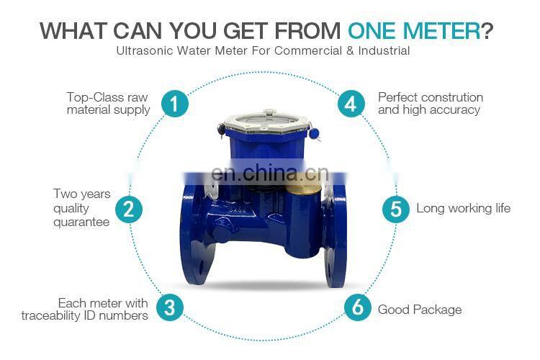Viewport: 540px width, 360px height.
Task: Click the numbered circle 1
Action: coord(175,104)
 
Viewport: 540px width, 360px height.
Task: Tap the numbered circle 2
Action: coord(129,209)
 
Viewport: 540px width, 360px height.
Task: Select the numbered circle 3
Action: coord(170,307)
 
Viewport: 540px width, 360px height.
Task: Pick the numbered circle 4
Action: coord(351,104)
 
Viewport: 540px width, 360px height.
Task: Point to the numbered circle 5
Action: coord(396,209)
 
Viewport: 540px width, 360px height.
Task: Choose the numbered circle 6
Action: coord(358,307)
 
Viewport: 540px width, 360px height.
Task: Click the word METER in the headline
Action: coord(441,31)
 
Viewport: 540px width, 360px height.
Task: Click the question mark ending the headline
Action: coord(487,30)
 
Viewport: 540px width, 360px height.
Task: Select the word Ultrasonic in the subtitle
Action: coord(144,50)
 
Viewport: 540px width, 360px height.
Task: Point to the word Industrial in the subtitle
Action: coord(384,50)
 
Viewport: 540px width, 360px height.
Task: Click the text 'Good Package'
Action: coord(420,310)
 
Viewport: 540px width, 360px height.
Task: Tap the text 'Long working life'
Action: coord(463,208)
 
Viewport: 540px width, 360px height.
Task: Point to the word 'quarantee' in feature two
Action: coord(81,222)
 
